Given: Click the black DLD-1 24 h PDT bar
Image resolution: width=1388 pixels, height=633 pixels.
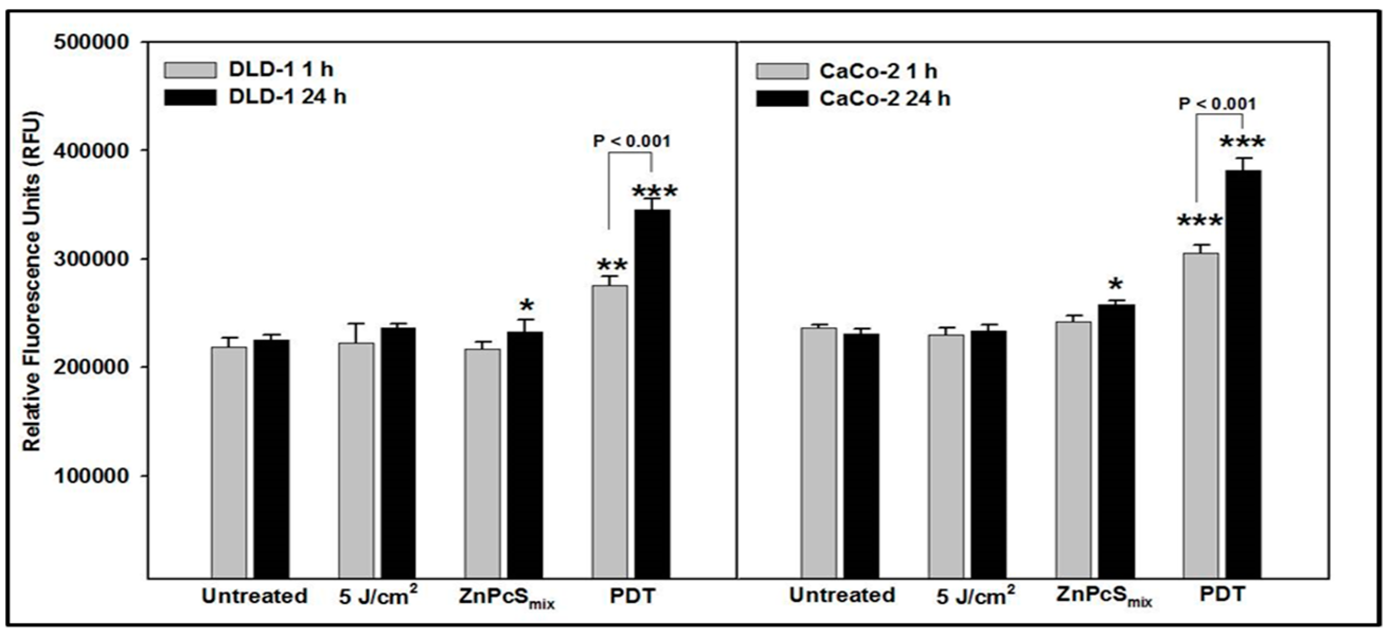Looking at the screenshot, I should pyautogui.click(x=652, y=393).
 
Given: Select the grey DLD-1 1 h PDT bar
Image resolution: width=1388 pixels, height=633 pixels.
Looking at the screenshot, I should pyautogui.click(x=610, y=432).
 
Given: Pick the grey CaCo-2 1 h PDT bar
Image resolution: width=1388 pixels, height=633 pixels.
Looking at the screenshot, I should pyautogui.click(x=1201, y=415).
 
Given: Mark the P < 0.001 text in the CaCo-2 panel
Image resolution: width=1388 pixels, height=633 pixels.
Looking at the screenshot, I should pyautogui.click(x=1217, y=103).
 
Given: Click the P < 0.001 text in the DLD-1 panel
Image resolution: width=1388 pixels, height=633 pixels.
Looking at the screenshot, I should pyautogui.click(x=631, y=141).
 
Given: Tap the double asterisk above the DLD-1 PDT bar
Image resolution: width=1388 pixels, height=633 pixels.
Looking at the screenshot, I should pyautogui.click(x=613, y=265).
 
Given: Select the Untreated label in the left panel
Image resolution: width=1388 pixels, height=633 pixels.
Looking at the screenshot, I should pyautogui.click(x=254, y=596).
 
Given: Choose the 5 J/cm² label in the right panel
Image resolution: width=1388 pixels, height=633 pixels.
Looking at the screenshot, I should pyautogui.click(x=975, y=595).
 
